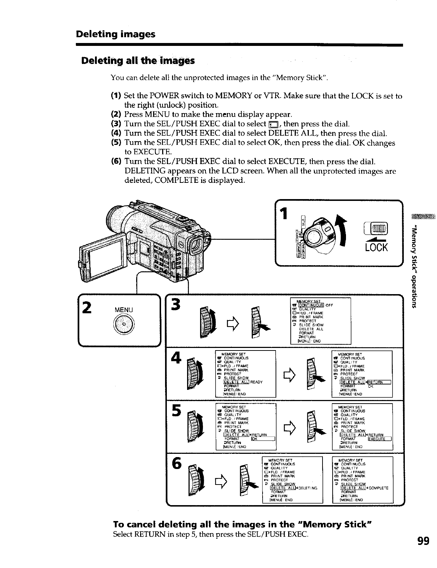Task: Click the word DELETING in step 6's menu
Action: (307, 488)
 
